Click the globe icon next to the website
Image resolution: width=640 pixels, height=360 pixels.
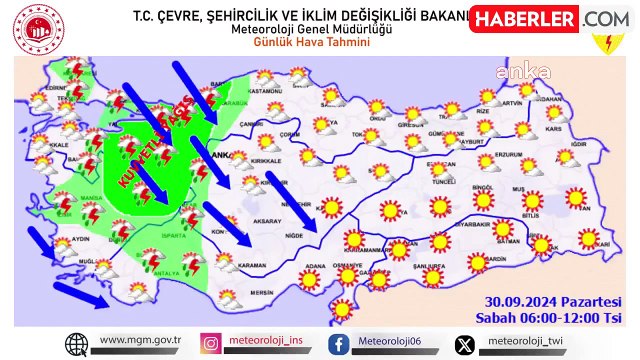tap(77, 344)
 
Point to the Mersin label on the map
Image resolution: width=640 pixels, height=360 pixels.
tap(263, 292)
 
